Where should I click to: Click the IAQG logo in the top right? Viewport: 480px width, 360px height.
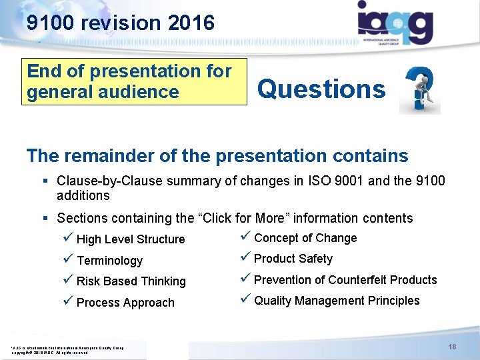pyautogui.click(x=395, y=23)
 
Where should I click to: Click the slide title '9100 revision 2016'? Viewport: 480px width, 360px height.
pyautogui.click(x=121, y=23)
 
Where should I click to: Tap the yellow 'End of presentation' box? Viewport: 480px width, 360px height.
pyautogui.click(x=135, y=81)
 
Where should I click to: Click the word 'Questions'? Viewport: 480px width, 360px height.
pyautogui.click(x=321, y=89)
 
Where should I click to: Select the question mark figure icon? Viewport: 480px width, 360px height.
pyautogui.click(x=419, y=90)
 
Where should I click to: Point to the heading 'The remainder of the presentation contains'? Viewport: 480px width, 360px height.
pyautogui.click(x=217, y=156)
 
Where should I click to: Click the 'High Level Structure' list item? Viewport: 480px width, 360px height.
pyautogui.click(x=131, y=239)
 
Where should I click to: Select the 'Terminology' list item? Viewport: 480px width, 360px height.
pyautogui.click(x=109, y=261)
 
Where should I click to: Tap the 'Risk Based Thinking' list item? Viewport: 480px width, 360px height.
pyautogui.click(x=131, y=281)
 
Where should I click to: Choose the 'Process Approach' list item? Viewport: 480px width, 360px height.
pyautogui.click(x=125, y=303)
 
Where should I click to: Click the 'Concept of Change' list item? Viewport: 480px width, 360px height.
pyautogui.click(x=305, y=238)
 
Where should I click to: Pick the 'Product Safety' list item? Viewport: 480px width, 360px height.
pyautogui.click(x=293, y=259)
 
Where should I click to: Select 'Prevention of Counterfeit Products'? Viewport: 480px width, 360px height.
pyautogui.click(x=345, y=280)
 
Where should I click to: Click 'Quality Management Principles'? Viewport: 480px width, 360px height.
pyautogui.click(x=337, y=301)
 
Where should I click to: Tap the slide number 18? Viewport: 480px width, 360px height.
pyautogui.click(x=452, y=347)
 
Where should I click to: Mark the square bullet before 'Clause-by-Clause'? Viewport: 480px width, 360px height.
pyautogui.click(x=46, y=181)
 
